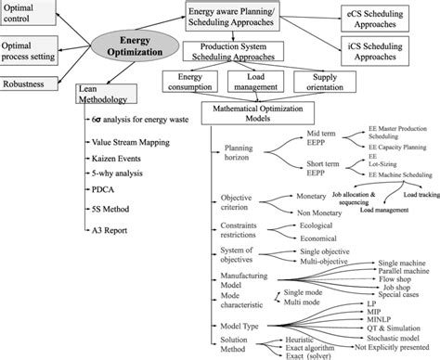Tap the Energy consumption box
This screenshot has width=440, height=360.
[x=191, y=83]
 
